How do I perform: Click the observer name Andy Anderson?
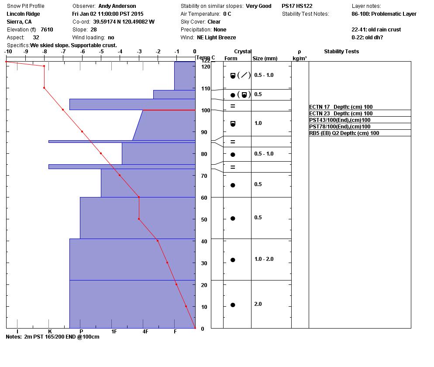(117, 6)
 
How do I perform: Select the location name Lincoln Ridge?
(23, 14)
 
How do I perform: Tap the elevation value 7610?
(47, 30)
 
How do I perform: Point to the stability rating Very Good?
(258, 6)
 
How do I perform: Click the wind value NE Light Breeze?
(216, 38)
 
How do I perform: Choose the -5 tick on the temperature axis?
(101, 52)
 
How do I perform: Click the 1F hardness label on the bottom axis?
(114, 332)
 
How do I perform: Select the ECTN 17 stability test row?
(341, 107)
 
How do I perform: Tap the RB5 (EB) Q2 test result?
(344, 133)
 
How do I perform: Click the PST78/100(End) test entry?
(340, 127)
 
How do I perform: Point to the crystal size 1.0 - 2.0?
(264, 259)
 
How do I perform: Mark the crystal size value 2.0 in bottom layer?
(258, 304)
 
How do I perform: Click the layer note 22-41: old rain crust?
(376, 30)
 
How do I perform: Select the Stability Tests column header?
(341, 52)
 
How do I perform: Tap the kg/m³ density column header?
(300, 58)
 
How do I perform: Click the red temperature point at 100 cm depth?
(63, 110)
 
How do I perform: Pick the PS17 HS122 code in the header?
(296, 6)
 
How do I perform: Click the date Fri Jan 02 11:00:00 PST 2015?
(108, 14)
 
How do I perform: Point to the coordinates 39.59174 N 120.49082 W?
(124, 22)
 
